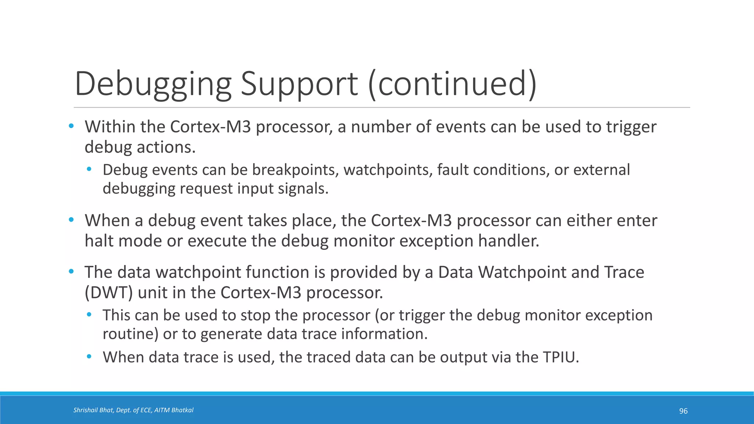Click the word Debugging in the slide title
153,84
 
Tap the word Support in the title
299,84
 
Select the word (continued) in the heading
452,84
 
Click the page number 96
683,411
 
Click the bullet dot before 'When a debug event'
71,220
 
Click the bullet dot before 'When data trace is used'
89,357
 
